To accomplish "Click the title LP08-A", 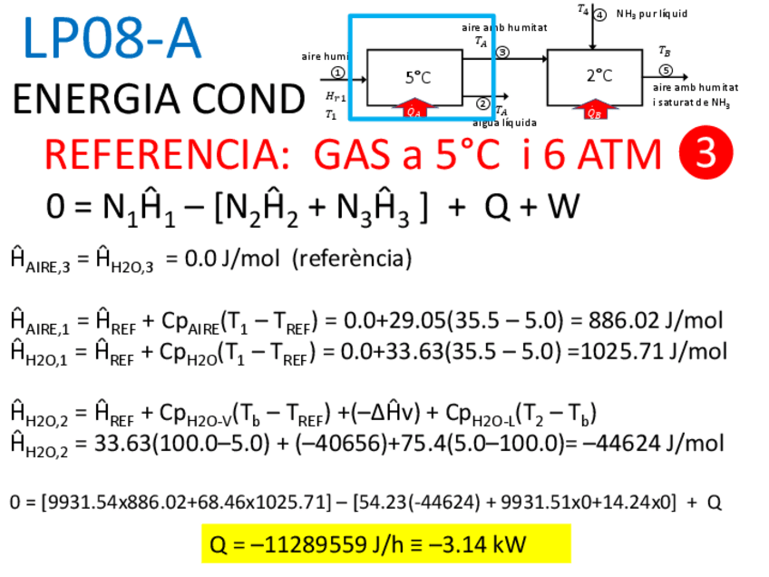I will click(112, 40).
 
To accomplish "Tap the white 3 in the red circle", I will click(705, 154).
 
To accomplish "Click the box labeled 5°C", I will click(418, 77).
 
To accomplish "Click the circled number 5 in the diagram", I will click(666, 70).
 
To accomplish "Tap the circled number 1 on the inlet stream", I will click(337, 72).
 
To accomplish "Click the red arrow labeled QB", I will click(595, 112).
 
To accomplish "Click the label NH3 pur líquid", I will click(652, 14).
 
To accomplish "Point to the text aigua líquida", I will click(504, 122).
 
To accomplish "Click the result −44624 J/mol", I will click(653, 444).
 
